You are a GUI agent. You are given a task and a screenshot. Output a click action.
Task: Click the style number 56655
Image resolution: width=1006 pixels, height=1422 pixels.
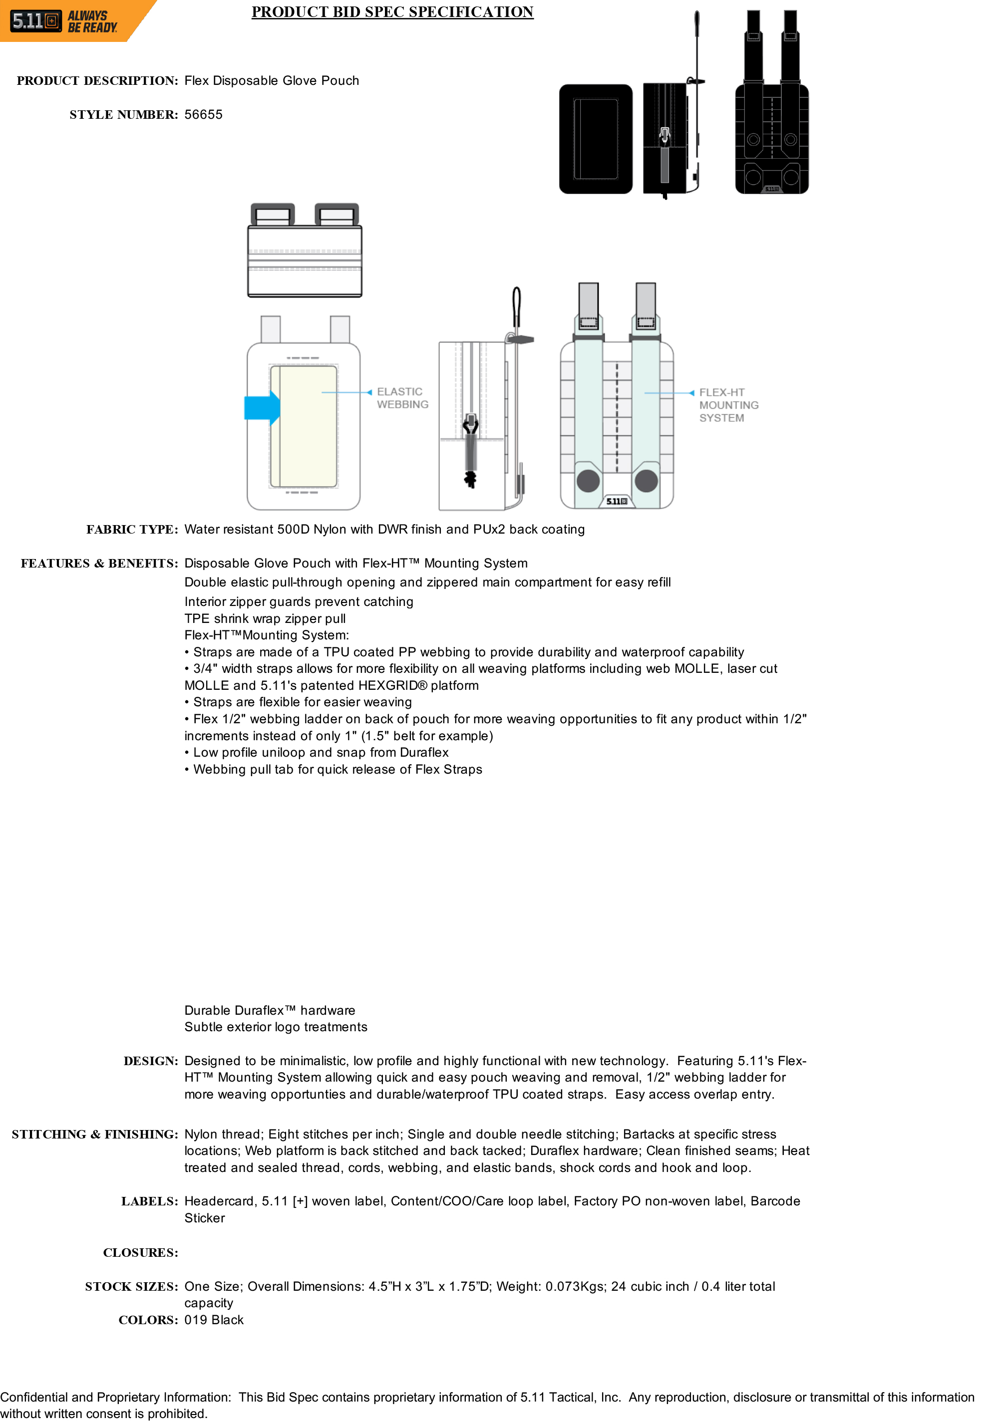[x=203, y=115]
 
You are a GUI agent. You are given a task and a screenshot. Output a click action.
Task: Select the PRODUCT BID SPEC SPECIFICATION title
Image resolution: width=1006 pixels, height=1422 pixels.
[x=392, y=12]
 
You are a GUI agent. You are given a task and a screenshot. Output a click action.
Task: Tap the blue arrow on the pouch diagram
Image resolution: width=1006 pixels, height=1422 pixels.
[x=263, y=407]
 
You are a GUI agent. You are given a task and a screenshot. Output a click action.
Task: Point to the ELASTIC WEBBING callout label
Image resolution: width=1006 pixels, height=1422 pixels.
[x=402, y=398]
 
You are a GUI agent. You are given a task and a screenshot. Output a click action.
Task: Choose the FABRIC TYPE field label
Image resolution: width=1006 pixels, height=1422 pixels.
[x=132, y=530]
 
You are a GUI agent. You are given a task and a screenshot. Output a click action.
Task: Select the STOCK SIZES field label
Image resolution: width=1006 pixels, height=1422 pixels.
[x=131, y=1286]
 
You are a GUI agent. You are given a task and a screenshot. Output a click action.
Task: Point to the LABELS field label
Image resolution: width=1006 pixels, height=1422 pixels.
[x=149, y=1201]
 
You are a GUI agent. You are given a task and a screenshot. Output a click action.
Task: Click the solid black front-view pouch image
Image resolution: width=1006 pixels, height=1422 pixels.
[x=595, y=139]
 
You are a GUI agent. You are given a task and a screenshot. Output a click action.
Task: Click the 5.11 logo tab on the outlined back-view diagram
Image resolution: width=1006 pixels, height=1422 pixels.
[x=617, y=501]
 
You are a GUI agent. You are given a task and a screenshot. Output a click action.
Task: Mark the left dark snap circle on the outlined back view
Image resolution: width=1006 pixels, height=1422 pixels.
[x=588, y=481]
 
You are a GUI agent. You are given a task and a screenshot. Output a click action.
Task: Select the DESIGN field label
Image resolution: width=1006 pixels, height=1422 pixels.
[x=151, y=1061]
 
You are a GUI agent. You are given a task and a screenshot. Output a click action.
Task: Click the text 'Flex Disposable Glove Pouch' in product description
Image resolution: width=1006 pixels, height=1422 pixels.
[x=271, y=80]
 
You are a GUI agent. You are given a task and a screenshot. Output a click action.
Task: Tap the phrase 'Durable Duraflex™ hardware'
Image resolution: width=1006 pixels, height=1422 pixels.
[x=270, y=1010]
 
